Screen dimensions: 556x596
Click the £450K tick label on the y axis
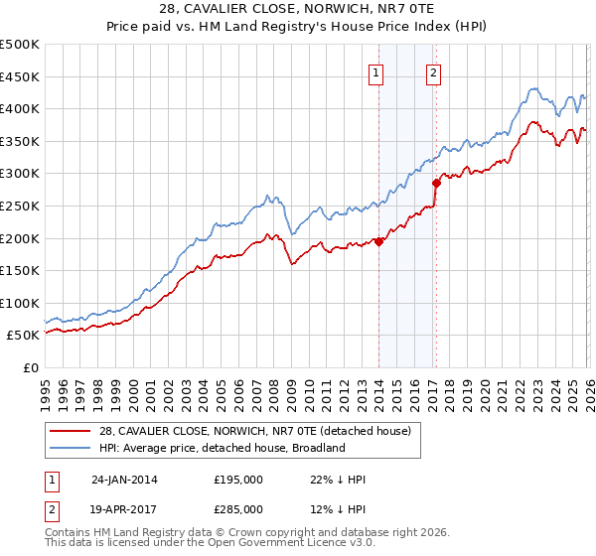[20, 76]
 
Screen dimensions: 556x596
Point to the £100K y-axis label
[20, 303]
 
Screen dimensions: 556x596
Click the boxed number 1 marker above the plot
[378, 71]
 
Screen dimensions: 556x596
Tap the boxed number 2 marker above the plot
[435, 71]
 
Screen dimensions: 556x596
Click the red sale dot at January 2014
[379, 241]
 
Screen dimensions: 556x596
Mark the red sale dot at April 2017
[436, 183]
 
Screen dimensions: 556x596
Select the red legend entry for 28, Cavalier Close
[247, 430]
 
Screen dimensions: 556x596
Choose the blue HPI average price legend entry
[221, 448]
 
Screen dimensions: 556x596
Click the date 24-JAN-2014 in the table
[124, 480]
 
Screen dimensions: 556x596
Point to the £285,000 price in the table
[238, 507]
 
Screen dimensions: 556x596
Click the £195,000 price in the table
[238, 480]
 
